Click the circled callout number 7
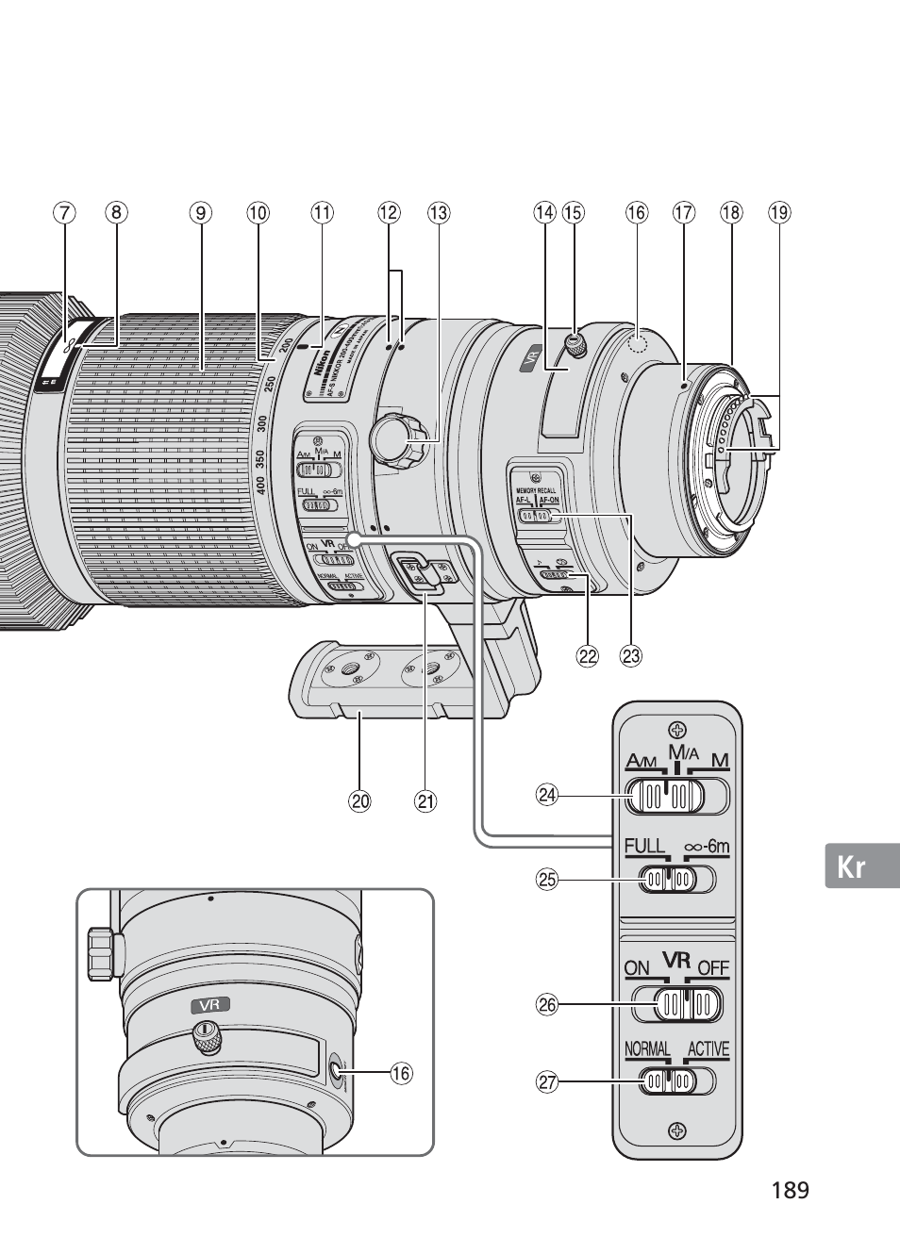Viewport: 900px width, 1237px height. [x=63, y=213]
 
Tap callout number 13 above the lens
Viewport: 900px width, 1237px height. [x=439, y=213]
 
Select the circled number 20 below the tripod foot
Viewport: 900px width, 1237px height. [x=359, y=801]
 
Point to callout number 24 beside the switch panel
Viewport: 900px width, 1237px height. [x=547, y=795]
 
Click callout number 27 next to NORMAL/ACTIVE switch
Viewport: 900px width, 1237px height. [x=547, y=1082]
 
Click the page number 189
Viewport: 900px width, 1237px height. [x=789, y=1190]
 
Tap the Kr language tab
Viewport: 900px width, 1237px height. [x=851, y=866]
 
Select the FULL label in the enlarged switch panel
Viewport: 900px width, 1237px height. [x=644, y=847]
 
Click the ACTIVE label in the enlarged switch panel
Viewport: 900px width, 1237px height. [x=708, y=1049]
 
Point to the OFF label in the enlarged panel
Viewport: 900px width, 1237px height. [x=714, y=968]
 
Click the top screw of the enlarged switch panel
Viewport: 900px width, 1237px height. [x=675, y=728]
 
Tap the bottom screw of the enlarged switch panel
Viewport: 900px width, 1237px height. [x=675, y=1130]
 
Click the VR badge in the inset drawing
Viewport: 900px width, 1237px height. [x=209, y=1005]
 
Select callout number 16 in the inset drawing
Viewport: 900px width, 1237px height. [x=402, y=1072]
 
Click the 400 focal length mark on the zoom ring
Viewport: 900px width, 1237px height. [x=260, y=485]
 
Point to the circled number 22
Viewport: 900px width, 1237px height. [x=588, y=656]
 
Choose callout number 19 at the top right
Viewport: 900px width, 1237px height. [x=778, y=213]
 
